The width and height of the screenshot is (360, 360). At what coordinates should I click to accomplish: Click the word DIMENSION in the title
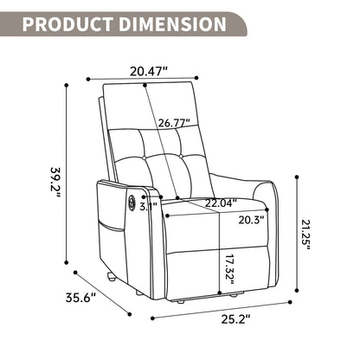pos(172,23)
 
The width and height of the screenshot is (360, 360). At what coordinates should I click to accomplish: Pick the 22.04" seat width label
pos(198,202)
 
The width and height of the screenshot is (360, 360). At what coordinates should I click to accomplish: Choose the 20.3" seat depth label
pos(246,219)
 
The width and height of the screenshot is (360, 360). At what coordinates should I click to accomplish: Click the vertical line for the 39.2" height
pos(67,173)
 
